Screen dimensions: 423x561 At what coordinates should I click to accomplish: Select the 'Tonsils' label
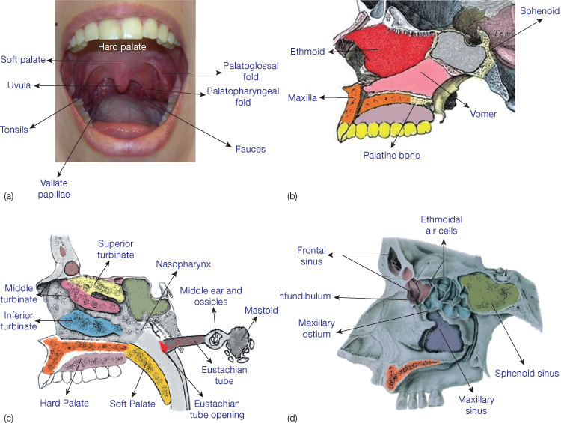pyautogui.click(x=14, y=129)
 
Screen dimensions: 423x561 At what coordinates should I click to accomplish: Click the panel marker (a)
pyautogui.click(x=9, y=196)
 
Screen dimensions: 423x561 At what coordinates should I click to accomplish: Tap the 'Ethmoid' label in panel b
pyautogui.click(x=308, y=52)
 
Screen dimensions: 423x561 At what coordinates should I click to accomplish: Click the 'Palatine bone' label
pyautogui.click(x=391, y=156)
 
